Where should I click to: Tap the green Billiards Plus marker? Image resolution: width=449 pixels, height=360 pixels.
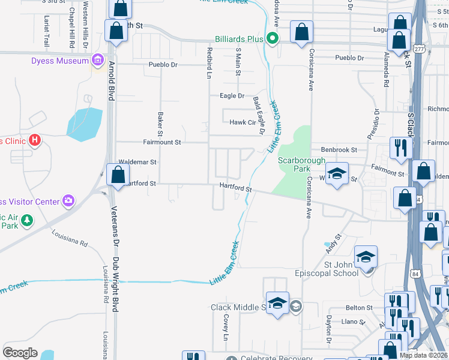[273, 39]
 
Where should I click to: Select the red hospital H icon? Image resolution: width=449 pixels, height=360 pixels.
[35, 141]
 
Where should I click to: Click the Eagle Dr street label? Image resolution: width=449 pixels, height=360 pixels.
[232, 96]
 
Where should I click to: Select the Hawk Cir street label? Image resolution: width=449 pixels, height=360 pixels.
[243, 122]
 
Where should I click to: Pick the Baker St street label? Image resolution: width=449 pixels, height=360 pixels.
[160, 123]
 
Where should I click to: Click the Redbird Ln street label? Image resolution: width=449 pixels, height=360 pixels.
[209, 62]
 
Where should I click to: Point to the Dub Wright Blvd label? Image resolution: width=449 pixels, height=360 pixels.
[114, 285]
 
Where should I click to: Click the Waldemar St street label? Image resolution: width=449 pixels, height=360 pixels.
[137, 162]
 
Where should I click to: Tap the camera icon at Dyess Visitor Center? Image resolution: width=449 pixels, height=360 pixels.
[70, 200]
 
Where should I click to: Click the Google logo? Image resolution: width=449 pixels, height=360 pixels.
[20, 353]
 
